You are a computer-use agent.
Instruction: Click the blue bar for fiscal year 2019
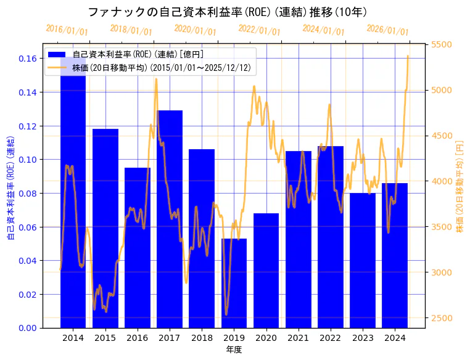point(234,283)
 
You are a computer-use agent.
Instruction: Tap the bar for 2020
point(266,271)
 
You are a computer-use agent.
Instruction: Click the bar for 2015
point(105,228)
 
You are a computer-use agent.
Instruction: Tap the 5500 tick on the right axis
point(441,44)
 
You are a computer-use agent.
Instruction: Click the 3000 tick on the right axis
point(441,272)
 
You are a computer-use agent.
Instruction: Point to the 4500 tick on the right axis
point(441,136)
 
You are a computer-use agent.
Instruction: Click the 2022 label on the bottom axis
point(330,338)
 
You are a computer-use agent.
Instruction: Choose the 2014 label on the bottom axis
point(73,338)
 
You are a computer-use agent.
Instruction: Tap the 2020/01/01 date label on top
point(195,30)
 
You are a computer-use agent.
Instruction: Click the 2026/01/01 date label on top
point(387,30)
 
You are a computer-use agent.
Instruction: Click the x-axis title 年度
point(234,350)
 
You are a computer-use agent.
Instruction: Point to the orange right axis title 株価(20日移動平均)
point(460,185)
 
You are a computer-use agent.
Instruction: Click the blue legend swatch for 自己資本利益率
point(57,55)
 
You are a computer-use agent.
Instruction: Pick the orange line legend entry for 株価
point(57,67)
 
